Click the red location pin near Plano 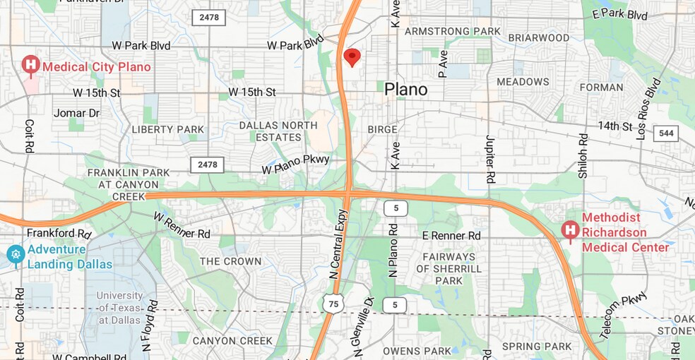[x=352, y=57]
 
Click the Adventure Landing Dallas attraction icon [x=16, y=255]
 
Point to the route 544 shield [x=666, y=133]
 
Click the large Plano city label [x=405, y=90]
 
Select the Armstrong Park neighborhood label [x=453, y=32]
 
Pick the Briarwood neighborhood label [x=539, y=37]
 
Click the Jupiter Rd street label [x=489, y=161]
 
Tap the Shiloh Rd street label [x=583, y=157]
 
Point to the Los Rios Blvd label [x=648, y=108]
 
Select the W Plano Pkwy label [x=295, y=164]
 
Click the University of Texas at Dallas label [x=120, y=308]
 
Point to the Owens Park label [x=417, y=351]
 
